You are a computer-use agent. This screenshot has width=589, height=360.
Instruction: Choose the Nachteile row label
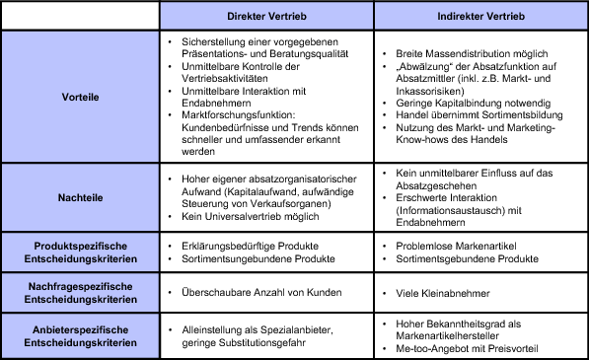coord(81,197)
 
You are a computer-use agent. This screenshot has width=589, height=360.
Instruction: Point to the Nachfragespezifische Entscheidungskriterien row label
coord(81,292)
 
